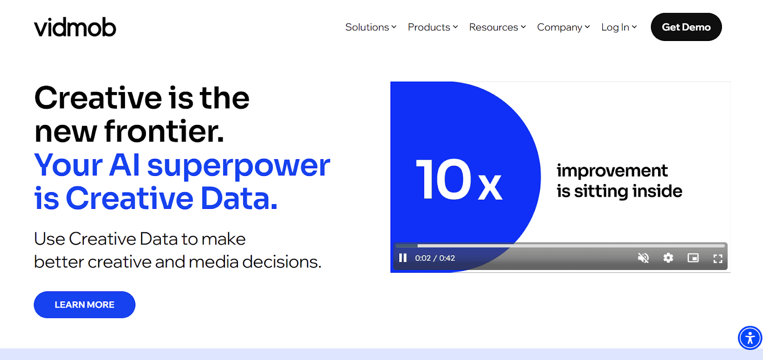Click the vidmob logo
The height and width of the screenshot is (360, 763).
pyautogui.click(x=75, y=27)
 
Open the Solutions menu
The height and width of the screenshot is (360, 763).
pyautogui.click(x=371, y=27)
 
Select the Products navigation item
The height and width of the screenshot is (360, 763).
pyautogui.click(x=433, y=27)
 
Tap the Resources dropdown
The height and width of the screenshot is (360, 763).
pyautogui.click(x=497, y=27)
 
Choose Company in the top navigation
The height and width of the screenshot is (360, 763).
pyautogui.click(x=563, y=27)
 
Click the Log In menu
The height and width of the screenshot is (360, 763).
pyautogui.click(x=619, y=27)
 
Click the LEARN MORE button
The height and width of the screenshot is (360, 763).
pyautogui.click(x=84, y=305)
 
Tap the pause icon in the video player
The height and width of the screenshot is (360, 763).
pyautogui.click(x=403, y=258)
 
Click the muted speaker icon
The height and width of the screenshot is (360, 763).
pyautogui.click(x=643, y=258)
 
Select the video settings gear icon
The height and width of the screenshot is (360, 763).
pyautogui.click(x=668, y=258)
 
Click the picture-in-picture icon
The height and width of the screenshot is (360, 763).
pyautogui.click(x=693, y=258)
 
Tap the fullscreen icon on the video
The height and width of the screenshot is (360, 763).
pyautogui.click(x=718, y=258)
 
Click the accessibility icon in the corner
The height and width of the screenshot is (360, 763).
pyautogui.click(x=750, y=338)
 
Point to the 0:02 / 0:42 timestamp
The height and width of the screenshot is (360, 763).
pyautogui.click(x=435, y=258)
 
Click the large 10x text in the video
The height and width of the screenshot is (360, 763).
pyautogui.click(x=459, y=179)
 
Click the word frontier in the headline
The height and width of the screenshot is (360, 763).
pyautogui.click(x=164, y=131)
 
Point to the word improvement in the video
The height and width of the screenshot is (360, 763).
pyautogui.click(x=612, y=170)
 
